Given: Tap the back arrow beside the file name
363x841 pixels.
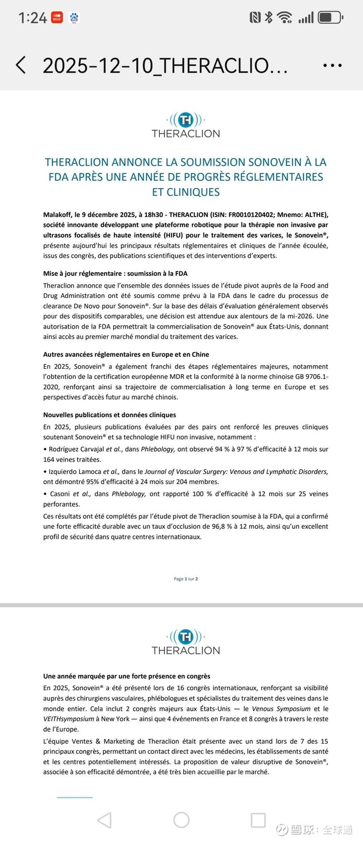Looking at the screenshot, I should [21, 65].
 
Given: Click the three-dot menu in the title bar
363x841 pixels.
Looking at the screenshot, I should [332, 65].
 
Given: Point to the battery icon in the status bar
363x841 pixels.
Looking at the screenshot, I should [330, 18].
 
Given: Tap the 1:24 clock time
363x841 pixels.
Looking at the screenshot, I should [32, 18].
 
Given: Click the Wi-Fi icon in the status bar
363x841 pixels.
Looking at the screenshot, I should [284, 18].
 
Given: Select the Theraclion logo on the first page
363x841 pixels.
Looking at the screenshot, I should [185, 125].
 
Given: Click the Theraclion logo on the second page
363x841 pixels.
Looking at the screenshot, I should [185, 641].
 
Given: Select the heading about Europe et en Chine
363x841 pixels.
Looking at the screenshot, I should [126, 355].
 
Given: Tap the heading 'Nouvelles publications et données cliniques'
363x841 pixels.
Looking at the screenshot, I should [109, 414].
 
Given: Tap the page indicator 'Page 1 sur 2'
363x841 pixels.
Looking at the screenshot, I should [185, 578].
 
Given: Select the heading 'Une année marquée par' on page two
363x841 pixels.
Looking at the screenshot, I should [127, 676].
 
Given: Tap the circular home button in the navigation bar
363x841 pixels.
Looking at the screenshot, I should [182, 820].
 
